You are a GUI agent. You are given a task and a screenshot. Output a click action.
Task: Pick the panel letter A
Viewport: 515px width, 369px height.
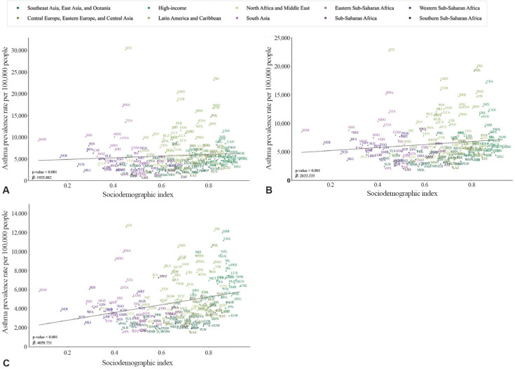pos(6,190)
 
